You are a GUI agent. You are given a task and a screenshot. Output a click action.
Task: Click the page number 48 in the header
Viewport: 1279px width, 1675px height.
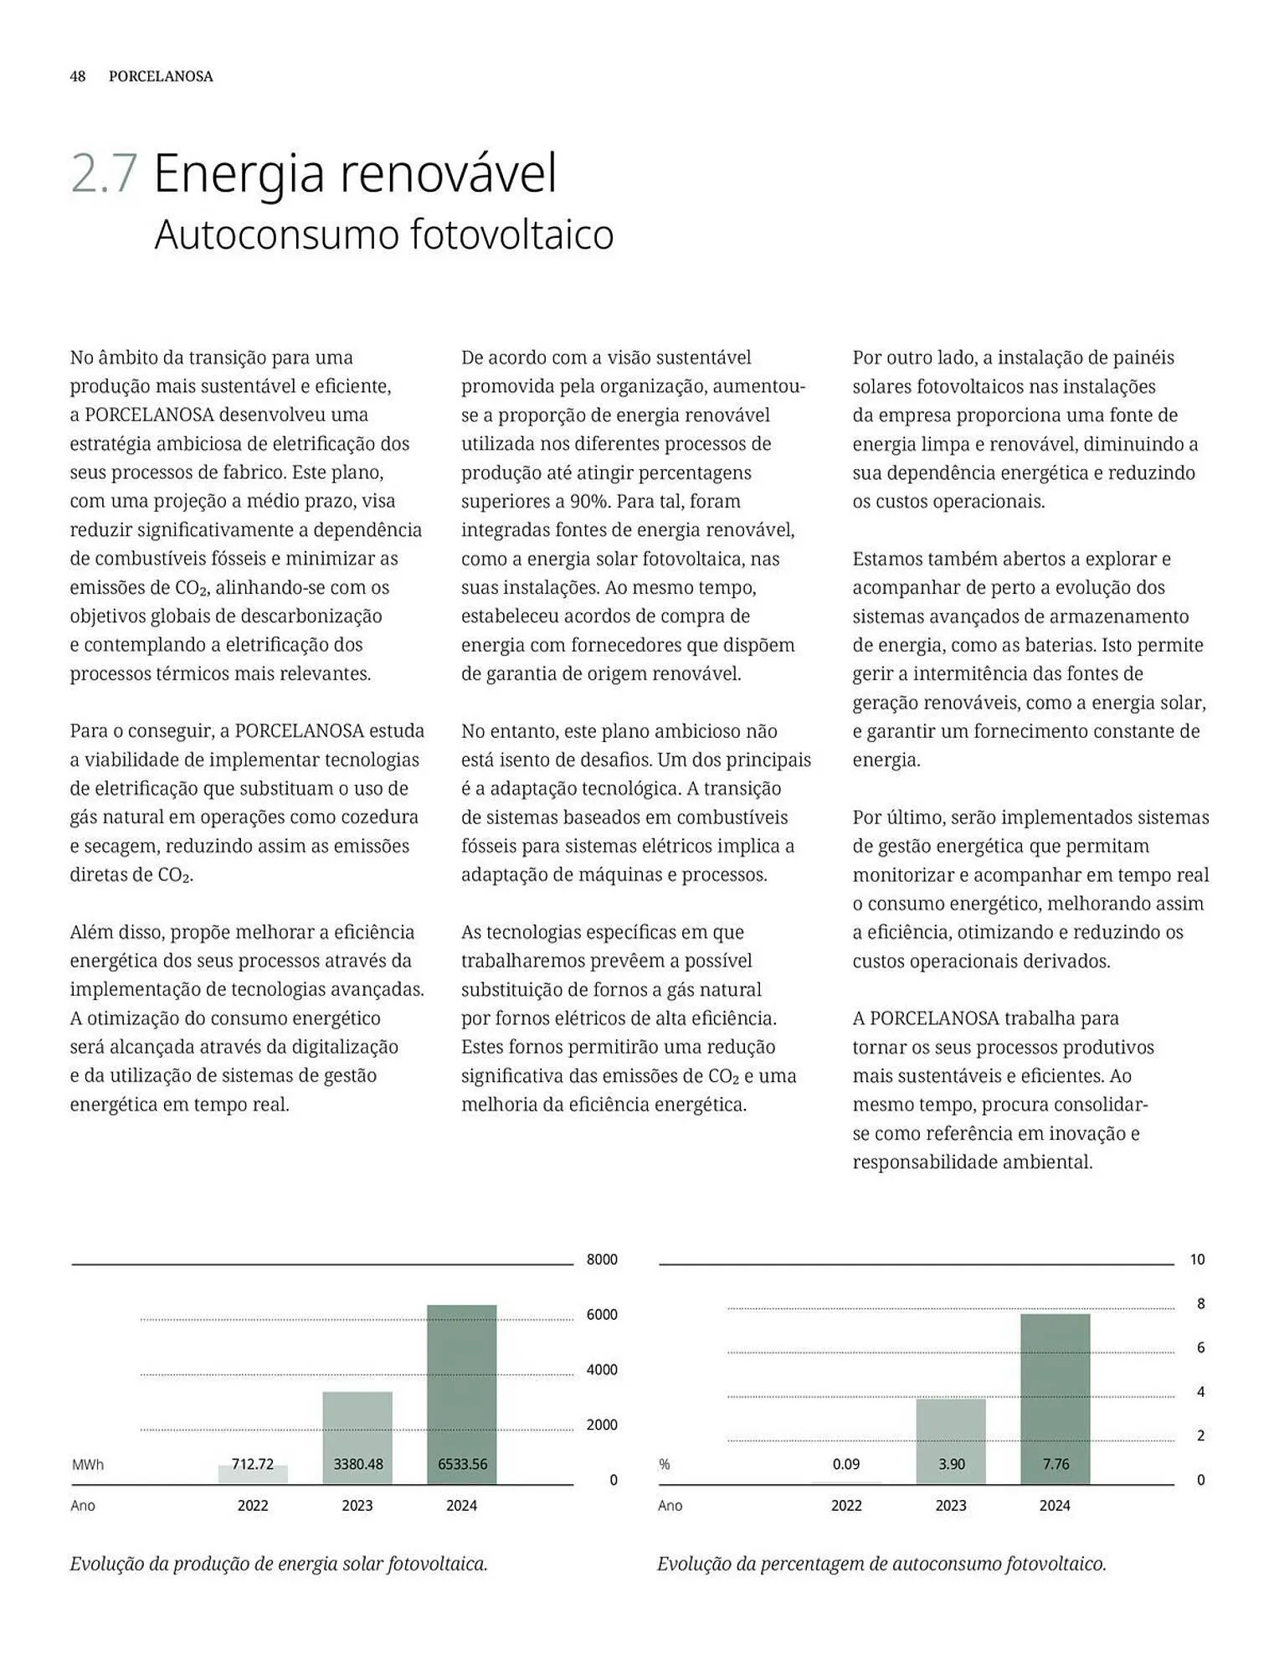(77, 76)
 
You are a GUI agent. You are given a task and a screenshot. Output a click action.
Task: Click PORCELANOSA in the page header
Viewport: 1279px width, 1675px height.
(161, 76)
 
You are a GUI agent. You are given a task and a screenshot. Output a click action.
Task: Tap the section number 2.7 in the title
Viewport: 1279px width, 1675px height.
(104, 174)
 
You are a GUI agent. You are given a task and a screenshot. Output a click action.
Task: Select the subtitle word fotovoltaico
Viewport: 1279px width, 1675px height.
(511, 234)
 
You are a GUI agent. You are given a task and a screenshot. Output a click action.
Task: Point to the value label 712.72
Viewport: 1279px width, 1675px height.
(253, 1464)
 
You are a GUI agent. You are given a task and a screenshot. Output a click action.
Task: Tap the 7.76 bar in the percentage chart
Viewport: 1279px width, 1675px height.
(1055, 1399)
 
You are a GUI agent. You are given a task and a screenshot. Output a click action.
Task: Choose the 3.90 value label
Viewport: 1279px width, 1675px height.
(951, 1464)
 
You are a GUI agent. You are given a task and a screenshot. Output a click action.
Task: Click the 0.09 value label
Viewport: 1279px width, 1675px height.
(846, 1464)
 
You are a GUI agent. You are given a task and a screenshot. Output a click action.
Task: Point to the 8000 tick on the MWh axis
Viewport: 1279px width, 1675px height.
(602, 1260)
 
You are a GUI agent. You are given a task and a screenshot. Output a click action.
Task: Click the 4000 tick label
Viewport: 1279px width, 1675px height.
(602, 1369)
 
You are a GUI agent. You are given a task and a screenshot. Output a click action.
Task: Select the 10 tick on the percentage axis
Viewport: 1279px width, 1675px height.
(1197, 1260)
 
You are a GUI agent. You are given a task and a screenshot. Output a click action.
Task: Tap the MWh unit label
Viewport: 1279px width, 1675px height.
(88, 1465)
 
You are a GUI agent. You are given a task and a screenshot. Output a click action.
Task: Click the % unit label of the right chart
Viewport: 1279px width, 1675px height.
(665, 1465)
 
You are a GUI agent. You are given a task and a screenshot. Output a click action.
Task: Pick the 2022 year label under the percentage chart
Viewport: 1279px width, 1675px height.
(846, 1505)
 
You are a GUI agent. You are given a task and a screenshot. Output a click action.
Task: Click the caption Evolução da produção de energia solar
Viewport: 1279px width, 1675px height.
(279, 1564)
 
